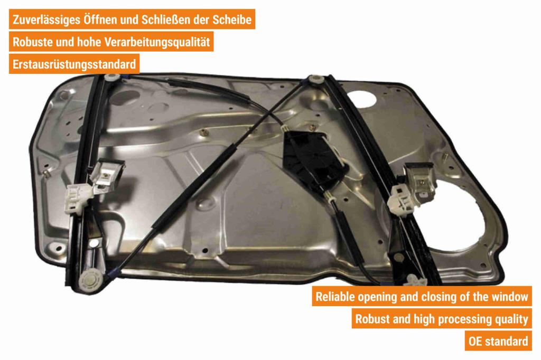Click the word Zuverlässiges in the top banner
(46, 20)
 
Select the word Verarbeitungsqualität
(157, 42)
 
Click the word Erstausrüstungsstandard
(74, 64)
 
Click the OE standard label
(498, 342)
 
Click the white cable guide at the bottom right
(416, 280)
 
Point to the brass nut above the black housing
(312, 128)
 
